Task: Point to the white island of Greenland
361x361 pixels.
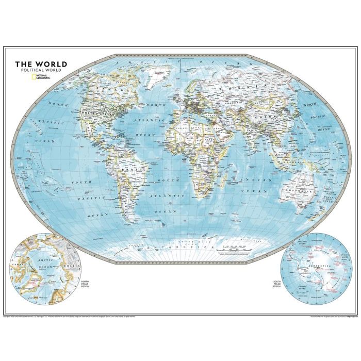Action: coord(150,77)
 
